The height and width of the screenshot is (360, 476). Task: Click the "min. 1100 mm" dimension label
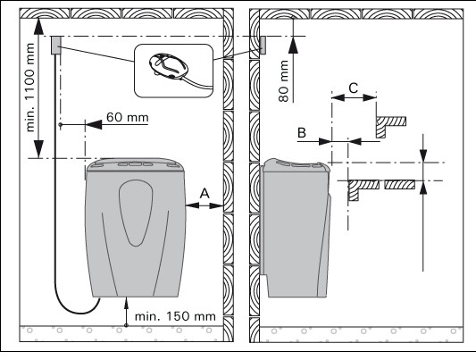point(30,88)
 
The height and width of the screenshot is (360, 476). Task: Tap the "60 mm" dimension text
point(128,117)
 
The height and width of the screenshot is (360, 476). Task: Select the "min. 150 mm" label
point(175,316)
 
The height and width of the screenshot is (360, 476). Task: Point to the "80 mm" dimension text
point(283,80)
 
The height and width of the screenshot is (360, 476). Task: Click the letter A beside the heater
point(205,193)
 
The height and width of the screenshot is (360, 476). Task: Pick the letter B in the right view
point(302,132)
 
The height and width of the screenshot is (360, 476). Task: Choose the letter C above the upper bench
point(354,88)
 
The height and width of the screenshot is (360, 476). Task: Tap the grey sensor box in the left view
point(56,46)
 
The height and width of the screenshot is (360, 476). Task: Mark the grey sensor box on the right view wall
point(263,46)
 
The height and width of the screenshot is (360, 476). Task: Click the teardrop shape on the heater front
point(136,213)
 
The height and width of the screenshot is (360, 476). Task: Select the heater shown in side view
point(296,228)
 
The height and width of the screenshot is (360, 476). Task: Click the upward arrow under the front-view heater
point(126,312)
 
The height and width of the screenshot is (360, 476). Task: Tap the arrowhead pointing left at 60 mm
point(94,124)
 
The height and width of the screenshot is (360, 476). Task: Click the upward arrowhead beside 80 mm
point(293,46)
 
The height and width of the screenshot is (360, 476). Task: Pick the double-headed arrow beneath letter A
point(205,205)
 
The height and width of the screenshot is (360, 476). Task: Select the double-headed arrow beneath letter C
point(354,97)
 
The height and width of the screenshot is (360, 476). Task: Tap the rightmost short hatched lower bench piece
point(399,185)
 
